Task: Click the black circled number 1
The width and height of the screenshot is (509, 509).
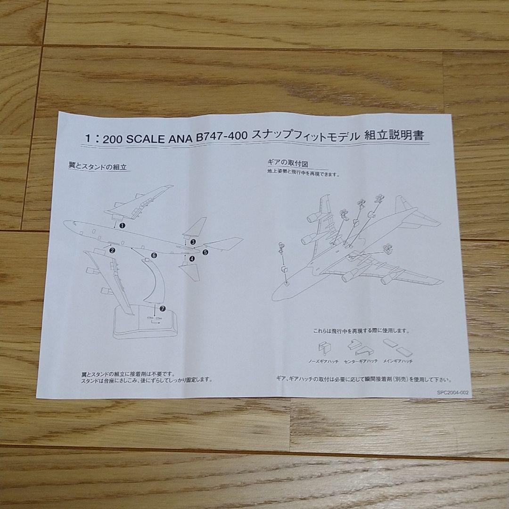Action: [122, 226]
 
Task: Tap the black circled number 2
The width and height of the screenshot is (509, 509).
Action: [112, 250]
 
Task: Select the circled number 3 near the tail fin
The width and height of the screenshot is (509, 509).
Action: [193, 242]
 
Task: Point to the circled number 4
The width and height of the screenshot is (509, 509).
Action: [192, 258]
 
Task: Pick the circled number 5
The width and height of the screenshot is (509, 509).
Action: [205, 252]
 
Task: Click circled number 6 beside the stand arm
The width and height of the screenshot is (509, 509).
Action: [154, 255]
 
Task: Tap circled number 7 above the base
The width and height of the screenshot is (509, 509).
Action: [163, 308]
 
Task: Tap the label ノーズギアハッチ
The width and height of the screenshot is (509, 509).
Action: [323, 361]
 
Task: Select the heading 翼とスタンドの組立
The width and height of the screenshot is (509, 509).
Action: [98, 166]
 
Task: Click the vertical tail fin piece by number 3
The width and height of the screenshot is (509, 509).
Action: [197, 228]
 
